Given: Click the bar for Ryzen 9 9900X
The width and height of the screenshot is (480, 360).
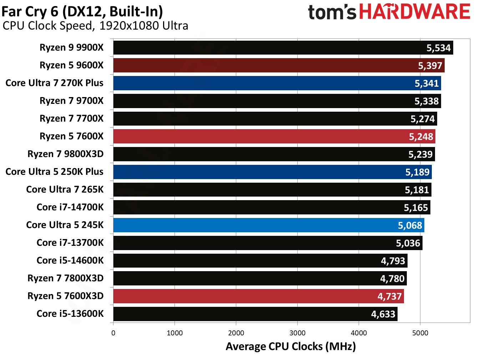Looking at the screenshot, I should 283,48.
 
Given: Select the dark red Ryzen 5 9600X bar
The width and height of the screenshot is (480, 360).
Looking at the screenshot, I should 279,66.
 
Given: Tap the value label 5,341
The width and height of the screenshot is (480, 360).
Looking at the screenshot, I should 426,83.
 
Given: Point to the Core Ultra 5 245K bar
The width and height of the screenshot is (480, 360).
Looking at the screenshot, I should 268,225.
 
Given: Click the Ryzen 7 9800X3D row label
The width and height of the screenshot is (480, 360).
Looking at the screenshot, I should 65,154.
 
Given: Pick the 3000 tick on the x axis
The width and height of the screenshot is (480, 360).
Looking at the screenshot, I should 297,333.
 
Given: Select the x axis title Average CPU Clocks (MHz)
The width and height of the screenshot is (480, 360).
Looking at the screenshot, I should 290,346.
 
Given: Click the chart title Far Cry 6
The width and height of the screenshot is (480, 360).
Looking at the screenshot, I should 82,11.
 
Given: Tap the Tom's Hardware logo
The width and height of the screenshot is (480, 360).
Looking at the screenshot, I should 389,12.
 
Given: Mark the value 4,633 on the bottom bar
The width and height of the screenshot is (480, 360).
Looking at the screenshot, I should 383,314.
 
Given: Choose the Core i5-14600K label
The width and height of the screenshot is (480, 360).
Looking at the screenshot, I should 70,260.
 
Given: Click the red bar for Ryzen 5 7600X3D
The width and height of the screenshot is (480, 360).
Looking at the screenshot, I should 258,296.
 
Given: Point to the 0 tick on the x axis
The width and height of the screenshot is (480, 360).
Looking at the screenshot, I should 113,333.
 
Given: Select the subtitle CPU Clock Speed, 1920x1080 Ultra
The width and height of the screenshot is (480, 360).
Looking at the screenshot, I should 95,26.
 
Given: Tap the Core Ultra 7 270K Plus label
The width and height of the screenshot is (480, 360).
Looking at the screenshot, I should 54,83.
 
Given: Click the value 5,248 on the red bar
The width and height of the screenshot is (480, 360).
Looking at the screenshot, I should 421,137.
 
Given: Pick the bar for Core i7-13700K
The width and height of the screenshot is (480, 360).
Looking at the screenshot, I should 268,243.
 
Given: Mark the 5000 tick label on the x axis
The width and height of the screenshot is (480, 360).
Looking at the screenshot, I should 420,333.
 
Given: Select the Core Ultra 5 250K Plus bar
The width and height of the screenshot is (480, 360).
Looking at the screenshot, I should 272,172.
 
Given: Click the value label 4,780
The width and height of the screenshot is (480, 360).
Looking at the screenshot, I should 392,279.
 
